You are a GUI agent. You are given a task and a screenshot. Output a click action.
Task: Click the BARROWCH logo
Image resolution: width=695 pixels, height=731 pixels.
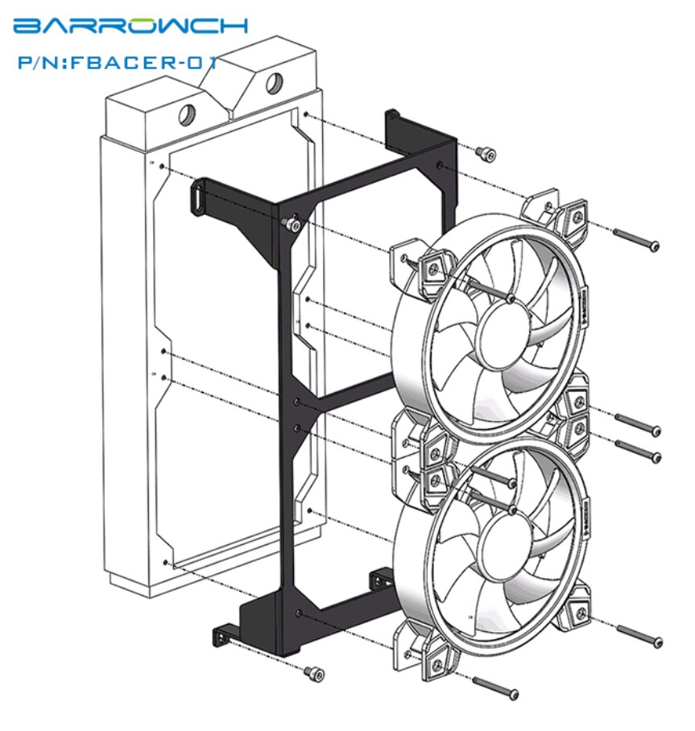click(130, 26)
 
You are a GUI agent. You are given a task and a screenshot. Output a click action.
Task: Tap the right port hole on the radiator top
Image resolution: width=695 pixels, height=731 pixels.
click(273, 82)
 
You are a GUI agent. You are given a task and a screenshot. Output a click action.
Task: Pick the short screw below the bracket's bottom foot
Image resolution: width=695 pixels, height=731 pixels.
click(313, 672)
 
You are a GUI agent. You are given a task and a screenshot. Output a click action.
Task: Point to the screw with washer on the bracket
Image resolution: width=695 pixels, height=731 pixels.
click(295, 225)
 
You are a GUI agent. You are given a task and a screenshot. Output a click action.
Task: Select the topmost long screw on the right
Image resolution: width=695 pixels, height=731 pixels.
click(637, 238)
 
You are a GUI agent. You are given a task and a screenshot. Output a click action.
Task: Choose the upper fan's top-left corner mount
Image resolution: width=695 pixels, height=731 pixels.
click(433, 266)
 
